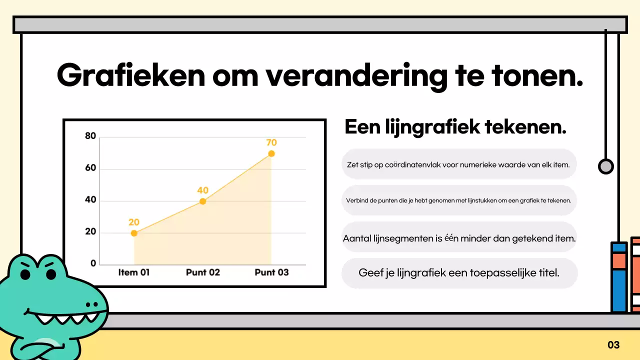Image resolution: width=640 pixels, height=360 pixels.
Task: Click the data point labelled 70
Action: [271, 153]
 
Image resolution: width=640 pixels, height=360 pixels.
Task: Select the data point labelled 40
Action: [202, 201]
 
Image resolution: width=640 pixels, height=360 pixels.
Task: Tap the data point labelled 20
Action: [134, 233]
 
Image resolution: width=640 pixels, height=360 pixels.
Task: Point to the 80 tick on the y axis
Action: [90, 136]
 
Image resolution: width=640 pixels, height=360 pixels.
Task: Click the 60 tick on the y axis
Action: [90, 169]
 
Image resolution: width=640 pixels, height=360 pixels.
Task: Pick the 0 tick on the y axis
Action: [93, 264]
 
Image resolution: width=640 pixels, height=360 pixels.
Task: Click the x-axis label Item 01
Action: [134, 272]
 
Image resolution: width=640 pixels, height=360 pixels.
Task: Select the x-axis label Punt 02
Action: [202, 272]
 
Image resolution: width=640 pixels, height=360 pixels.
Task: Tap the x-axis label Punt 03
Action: [271, 272]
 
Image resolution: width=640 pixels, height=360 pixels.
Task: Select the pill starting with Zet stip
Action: [458, 164]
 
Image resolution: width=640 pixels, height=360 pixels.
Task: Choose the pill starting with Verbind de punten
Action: [458, 200]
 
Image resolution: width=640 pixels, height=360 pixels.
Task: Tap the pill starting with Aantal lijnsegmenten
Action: [458, 238]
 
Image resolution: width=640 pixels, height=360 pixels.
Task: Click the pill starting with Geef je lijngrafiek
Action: [458, 273]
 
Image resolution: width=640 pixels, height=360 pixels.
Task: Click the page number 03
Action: [613, 345]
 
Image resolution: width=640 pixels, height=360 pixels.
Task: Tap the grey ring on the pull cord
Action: [605, 166]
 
